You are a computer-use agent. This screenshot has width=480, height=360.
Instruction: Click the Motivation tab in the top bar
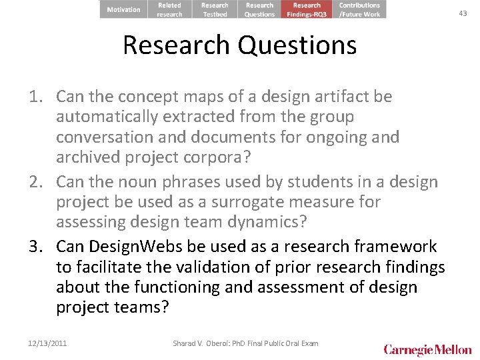[123, 9]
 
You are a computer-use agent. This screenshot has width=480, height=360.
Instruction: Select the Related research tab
[169, 9]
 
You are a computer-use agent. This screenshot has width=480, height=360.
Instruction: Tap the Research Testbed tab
[215, 9]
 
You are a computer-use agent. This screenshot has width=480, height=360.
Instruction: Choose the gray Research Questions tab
[259, 9]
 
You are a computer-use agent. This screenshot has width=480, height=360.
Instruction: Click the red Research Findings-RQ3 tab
[307, 9]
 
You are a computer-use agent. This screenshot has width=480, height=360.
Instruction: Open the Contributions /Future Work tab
[359, 9]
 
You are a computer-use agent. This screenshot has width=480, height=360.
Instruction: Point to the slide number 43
[463, 13]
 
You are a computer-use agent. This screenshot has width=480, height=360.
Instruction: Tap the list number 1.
[36, 97]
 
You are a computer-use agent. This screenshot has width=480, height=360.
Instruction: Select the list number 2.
[36, 182]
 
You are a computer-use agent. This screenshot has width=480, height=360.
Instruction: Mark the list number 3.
[36, 247]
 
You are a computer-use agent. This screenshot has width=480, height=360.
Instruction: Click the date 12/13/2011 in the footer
[48, 343]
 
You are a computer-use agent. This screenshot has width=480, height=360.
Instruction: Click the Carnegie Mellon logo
[427, 349]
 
